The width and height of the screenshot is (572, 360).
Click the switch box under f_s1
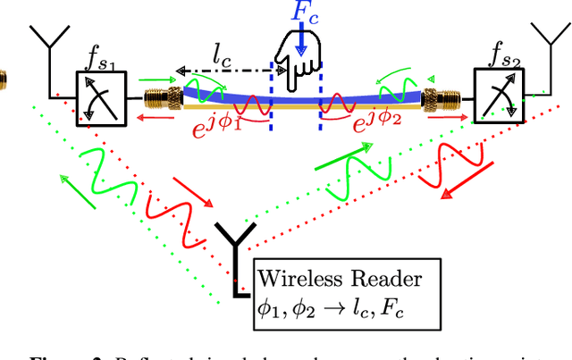click(x=101, y=97)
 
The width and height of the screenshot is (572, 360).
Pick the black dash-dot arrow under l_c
click(x=223, y=69)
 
